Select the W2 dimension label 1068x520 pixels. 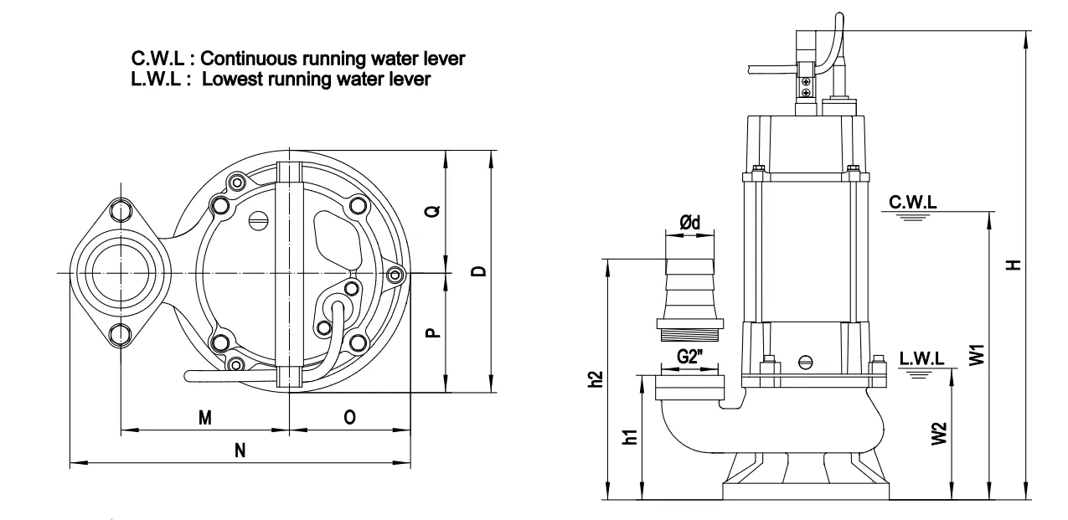[x=940, y=433]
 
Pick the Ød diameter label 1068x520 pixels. [x=689, y=221]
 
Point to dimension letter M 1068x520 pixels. [x=204, y=418]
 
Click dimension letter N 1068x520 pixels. [x=240, y=450]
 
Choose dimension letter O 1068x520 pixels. [x=349, y=418]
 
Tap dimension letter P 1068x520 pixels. [x=431, y=333]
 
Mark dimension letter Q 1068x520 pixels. [x=431, y=211]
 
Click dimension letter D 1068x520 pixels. [x=478, y=271]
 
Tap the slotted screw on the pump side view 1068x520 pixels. [x=807, y=363]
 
